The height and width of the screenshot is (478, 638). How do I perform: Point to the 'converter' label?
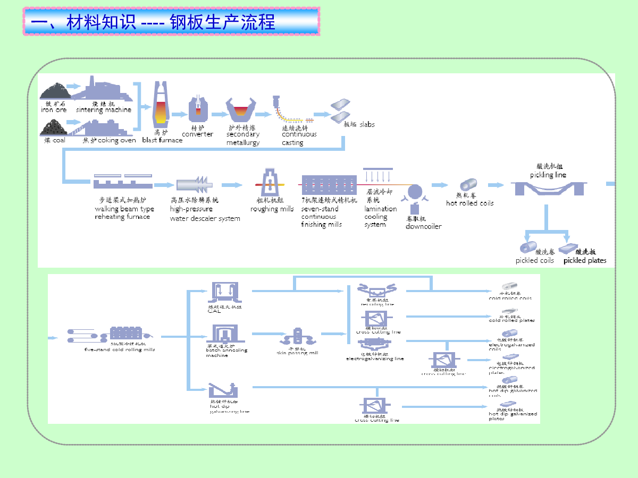click(x=197, y=134)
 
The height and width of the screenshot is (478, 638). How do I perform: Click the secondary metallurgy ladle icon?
click(x=242, y=109)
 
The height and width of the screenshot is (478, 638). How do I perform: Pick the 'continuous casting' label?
click(x=299, y=138)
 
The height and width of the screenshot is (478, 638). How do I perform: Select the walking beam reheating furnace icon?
click(x=123, y=182)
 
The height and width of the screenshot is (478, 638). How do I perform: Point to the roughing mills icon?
click(x=271, y=183)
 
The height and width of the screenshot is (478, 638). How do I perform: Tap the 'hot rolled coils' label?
click(x=469, y=203)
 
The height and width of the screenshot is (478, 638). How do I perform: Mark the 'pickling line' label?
click(x=548, y=175)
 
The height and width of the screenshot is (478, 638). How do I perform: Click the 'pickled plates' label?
click(x=585, y=260)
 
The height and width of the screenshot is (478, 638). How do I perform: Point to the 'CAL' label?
click(x=214, y=311)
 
